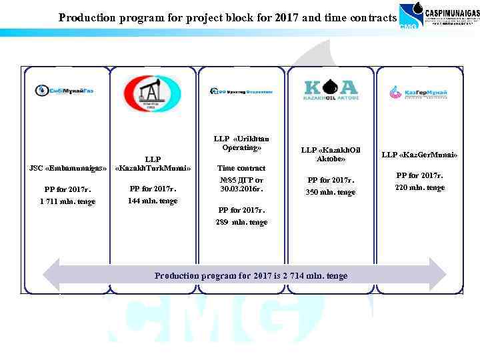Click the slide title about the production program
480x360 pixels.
pos(227,17)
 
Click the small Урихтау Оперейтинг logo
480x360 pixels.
pos(241,91)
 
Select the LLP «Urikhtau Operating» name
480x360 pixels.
pos(241,143)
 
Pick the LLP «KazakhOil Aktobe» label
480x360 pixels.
pos(331,155)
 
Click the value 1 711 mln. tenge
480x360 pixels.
pos(67,201)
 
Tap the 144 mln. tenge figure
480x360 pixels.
pos(153,201)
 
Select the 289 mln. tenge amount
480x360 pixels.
pos(241,222)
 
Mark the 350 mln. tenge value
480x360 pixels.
pos(331,192)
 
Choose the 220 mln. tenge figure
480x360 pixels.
pos(419,188)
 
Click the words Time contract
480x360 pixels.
pos(241,168)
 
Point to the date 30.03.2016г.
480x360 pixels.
pos(241,189)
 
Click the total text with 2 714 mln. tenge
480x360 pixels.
pos(251,275)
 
